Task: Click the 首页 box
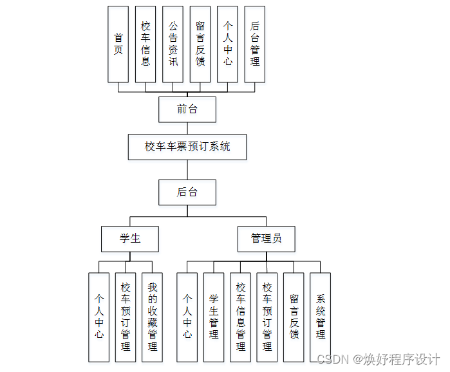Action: click(118, 44)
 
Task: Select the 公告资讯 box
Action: click(173, 44)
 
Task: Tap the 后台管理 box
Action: click(255, 44)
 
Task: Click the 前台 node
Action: click(187, 109)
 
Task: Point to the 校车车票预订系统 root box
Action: click(187, 147)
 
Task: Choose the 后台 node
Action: click(187, 192)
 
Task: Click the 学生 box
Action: click(130, 239)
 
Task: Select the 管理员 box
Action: click(266, 239)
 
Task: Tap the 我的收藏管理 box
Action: click(153, 317)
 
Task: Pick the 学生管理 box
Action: click(214, 317)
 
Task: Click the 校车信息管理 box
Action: click(241, 317)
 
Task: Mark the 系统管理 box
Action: click(321, 317)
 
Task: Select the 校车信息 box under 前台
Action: click(145, 44)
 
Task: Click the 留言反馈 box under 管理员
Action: click(294, 317)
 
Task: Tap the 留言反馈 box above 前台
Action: click(200, 44)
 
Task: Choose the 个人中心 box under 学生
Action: click(99, 317)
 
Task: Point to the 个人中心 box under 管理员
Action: click(187, 317)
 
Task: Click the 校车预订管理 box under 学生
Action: click(126, 317)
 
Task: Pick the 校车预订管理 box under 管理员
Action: click(267, 317)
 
